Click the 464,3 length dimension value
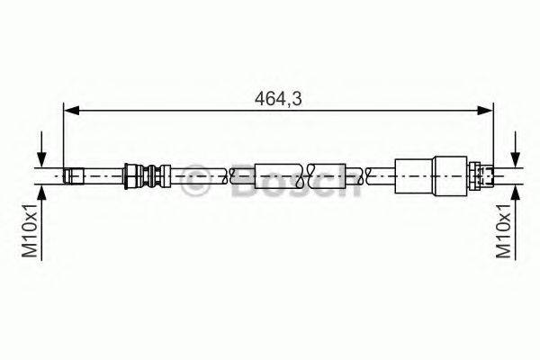coord(276,99)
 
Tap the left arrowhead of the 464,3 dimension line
coord(69,111)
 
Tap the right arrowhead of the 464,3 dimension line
coord(487,111)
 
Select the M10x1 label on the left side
coord(29,231)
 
